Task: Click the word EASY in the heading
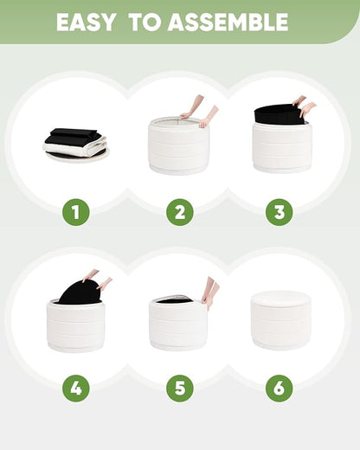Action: point(85,22)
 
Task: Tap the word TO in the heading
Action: point(145,22)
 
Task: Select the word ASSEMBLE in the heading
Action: point(228,22)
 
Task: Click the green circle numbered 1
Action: point(76,212)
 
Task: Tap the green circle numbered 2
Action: point(180,212)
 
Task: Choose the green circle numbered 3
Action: point(280,212)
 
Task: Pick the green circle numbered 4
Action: point(76,388)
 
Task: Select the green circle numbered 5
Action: point(180,388)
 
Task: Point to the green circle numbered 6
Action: point(280,388)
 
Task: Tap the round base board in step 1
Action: point(77,156)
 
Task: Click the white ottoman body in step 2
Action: point(177,147)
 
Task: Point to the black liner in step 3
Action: point(280,114)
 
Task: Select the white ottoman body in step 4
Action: point(75,325)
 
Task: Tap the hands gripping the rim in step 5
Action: point(210,292)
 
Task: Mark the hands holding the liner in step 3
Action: point(304,106)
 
